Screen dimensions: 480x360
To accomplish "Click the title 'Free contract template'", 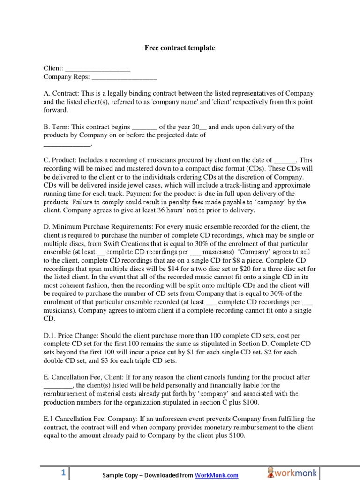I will point(180,48).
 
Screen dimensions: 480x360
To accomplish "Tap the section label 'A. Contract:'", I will point(60,93).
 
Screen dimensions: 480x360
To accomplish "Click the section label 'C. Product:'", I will point(60,160).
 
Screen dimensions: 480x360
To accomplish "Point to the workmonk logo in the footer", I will point(292,472).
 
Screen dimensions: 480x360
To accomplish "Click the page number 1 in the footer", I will point(63,474).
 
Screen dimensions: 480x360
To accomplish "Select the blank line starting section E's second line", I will point(58,386).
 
